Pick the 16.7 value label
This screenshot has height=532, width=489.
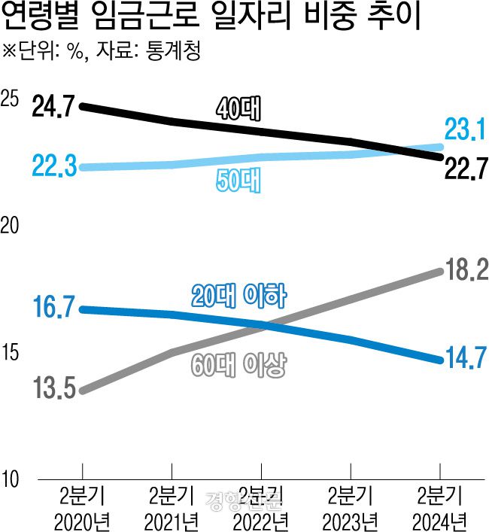click(53, 308)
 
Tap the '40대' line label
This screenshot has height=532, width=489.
click(237, 109)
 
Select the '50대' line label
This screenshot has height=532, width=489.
click(238, 181)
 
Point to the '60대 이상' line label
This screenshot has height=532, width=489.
click(238, 366)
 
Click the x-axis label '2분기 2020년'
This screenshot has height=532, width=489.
click(82, 508)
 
